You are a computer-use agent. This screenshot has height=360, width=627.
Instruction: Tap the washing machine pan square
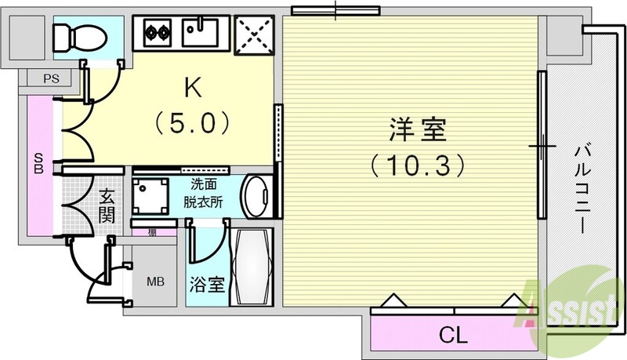pos(150,195)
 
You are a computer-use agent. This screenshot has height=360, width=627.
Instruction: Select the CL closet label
pos(452,336)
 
